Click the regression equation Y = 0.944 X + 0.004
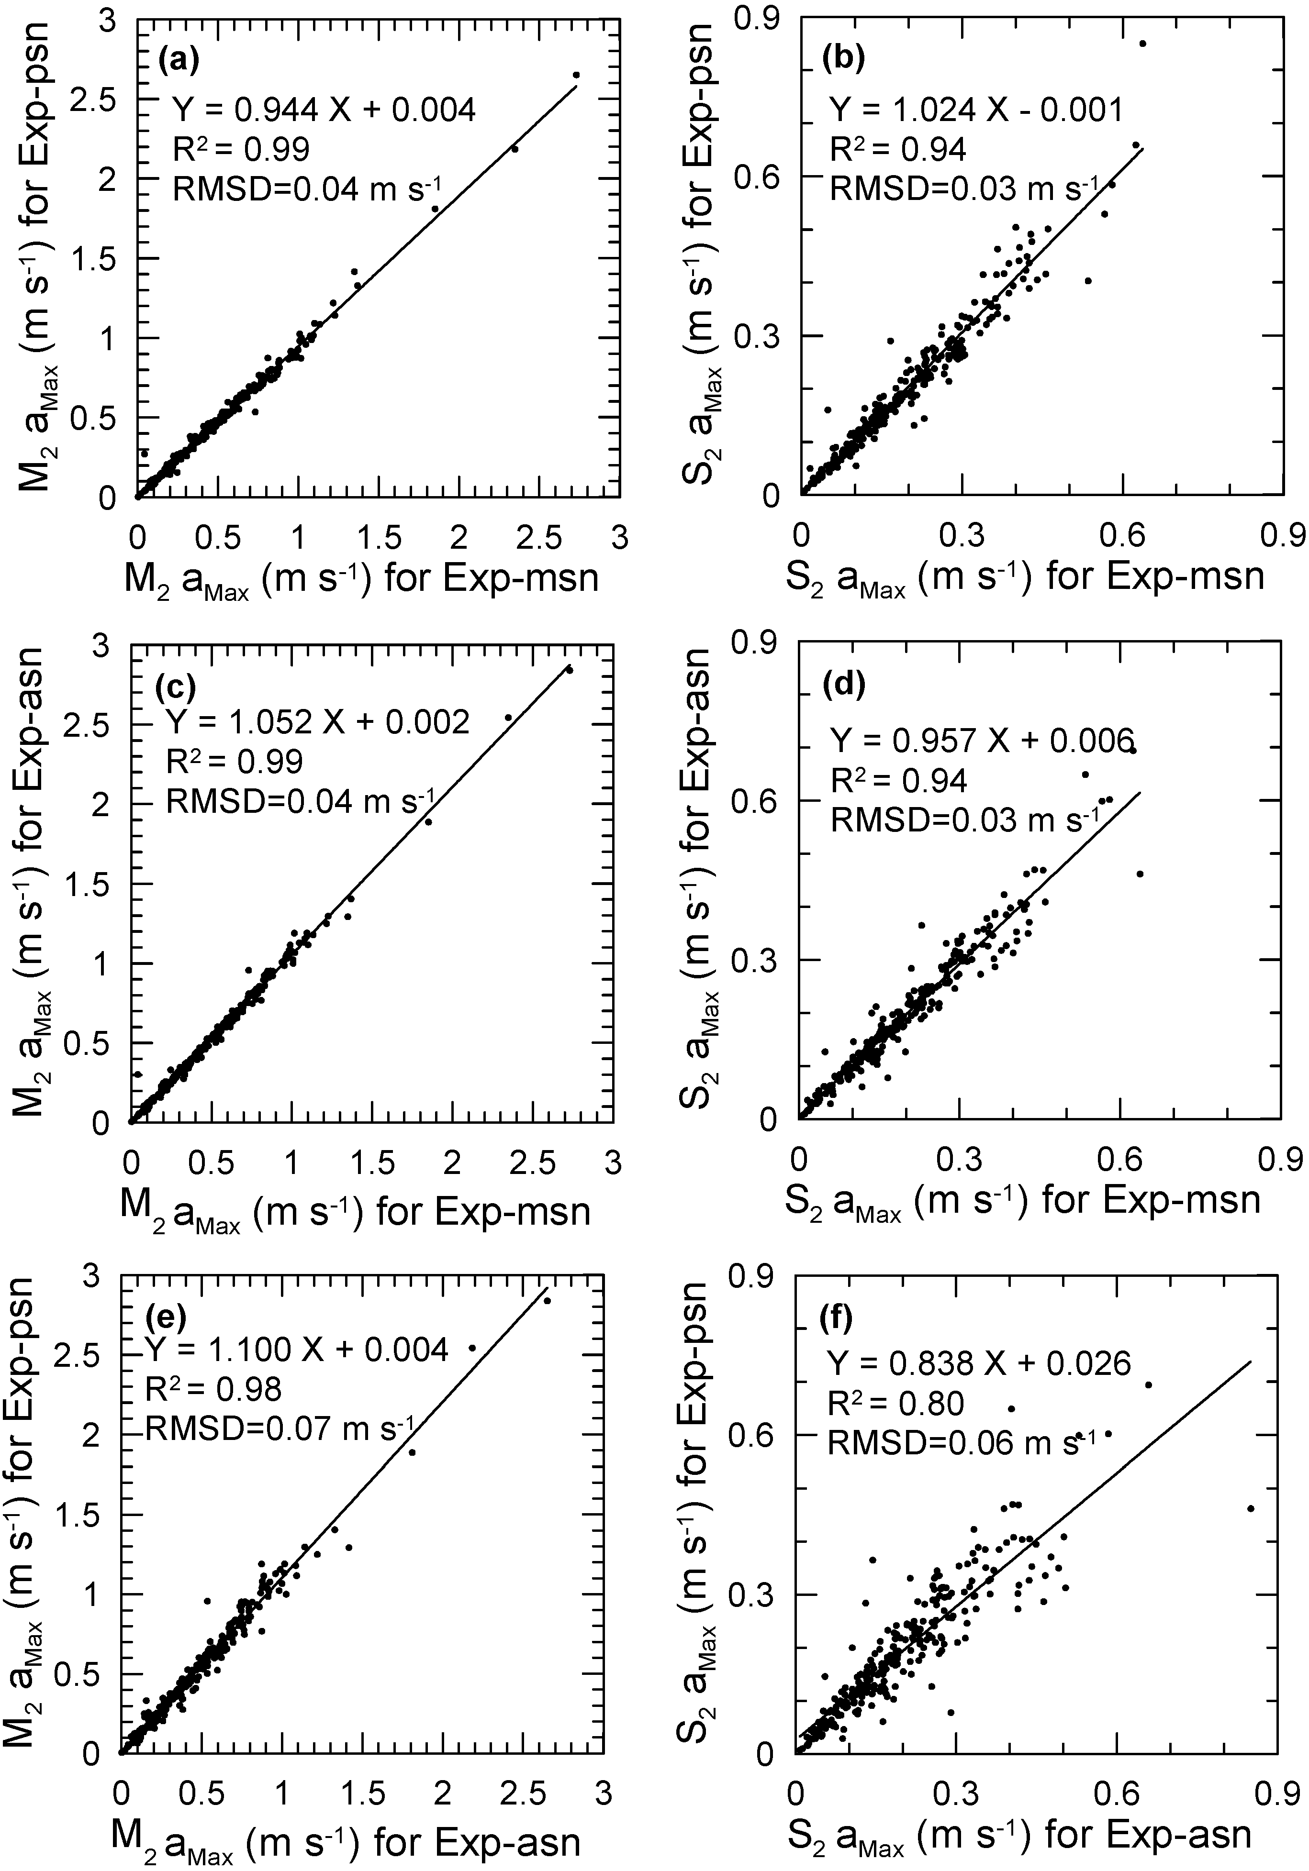coord(324,109)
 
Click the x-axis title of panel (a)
coord(360,578)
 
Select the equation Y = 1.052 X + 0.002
coord(318,721)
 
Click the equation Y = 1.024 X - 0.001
coord(976,109)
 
